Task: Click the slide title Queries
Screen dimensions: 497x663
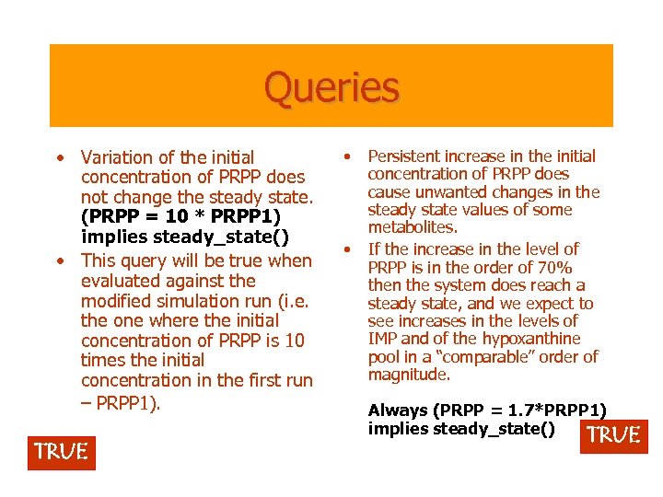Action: point(331,88)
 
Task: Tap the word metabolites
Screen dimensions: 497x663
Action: point(413,227)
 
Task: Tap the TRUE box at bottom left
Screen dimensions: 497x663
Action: point(61,452)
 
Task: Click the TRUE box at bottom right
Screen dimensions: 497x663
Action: point(613,435)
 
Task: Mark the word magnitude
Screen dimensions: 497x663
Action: point(409,375)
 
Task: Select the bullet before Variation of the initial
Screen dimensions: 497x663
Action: point(60,157)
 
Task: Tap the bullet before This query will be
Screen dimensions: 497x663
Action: point(60,260)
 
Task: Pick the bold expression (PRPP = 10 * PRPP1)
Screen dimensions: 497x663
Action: point(180,217)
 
